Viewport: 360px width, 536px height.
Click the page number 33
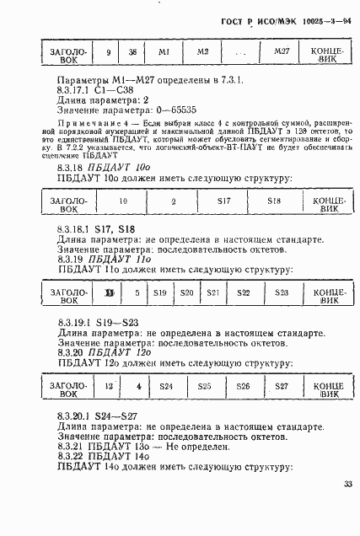coord(348,507)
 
